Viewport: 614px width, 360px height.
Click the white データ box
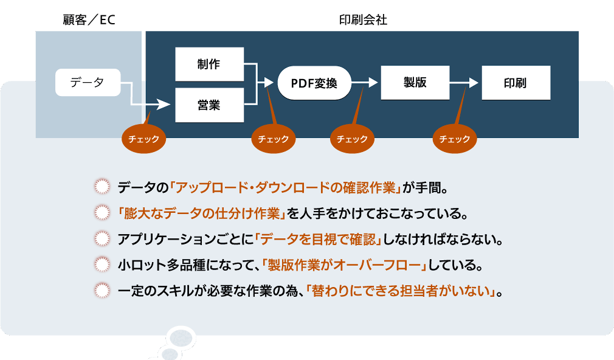point(88,83)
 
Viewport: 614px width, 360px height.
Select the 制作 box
point(209,64)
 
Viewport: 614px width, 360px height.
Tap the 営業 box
point(209,105)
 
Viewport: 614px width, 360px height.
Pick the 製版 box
point(415,83)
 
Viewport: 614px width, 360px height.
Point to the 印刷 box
point(516,83)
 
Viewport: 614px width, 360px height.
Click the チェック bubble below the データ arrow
point(144,139)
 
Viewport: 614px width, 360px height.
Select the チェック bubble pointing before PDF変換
point(274,139)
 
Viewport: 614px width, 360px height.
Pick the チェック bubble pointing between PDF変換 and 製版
point(352,139)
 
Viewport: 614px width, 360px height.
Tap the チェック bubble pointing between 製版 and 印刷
point(455,139)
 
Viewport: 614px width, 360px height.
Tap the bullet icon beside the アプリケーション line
point(102,239)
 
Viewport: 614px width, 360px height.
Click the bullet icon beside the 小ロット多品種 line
point(102,265)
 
